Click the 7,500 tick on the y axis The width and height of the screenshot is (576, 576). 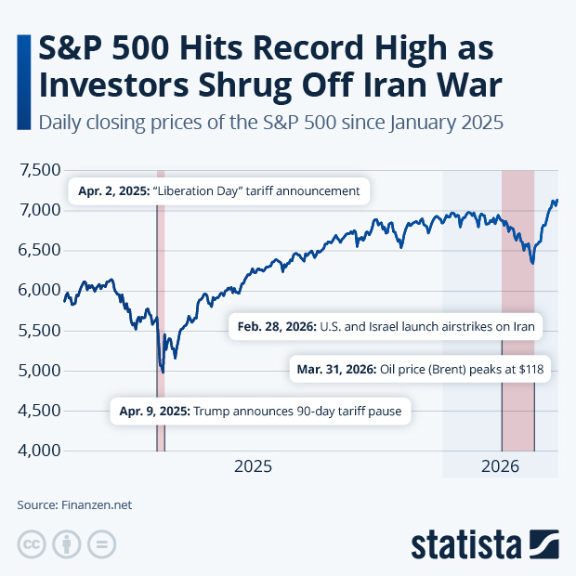(x=36, y=170)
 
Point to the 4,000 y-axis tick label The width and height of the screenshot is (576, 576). (x=36, y=451)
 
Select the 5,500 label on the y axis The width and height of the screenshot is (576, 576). (x=36, y=331)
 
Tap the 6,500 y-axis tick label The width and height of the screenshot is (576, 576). (x=36, y=251)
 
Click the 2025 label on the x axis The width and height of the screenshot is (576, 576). (x=253, y=466)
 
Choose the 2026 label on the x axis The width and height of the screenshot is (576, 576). (x=503, y=466)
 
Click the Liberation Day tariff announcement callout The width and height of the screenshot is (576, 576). (x=219, y=191)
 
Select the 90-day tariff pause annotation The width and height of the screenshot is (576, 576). (x=260, y=411)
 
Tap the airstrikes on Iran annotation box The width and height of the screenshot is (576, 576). (x=386, y=327)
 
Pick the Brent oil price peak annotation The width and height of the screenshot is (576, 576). (x=420, y=369)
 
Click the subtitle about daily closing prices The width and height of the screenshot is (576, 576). (x=269, y=123)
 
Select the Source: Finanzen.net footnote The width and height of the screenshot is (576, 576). (x=74, y=505)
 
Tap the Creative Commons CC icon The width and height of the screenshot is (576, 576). (x=32, y=544)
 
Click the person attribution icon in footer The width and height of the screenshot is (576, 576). (x=66, y=544)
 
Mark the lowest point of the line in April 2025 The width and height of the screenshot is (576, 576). (x=164, y=372)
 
